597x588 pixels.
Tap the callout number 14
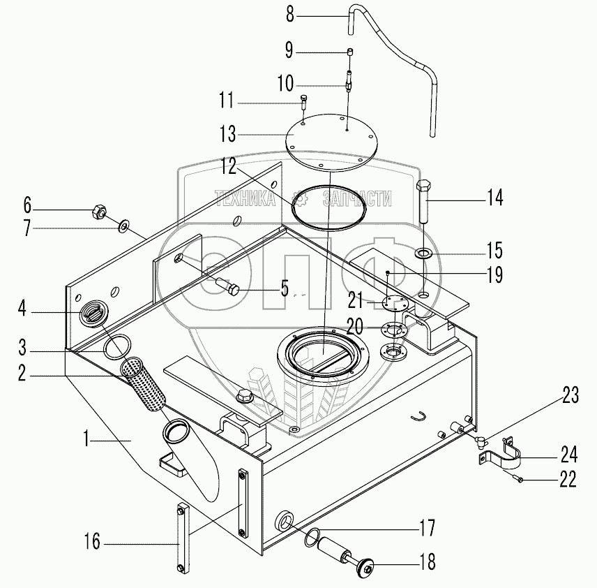pos(494,198)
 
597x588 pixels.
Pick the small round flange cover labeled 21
pos(395,302)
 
